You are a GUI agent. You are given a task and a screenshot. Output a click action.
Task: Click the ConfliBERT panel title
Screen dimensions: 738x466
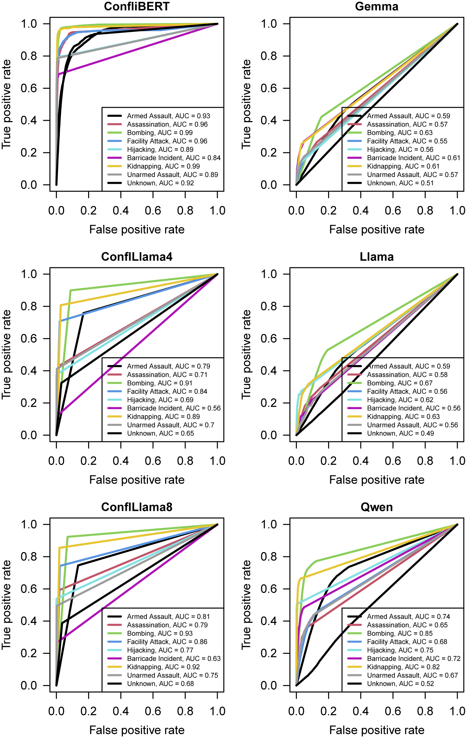point(136,6)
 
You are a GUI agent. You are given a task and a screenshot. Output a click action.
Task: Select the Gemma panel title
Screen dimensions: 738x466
point(376,6)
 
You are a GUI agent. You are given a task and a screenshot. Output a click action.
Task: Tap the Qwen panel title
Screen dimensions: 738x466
point(376,507)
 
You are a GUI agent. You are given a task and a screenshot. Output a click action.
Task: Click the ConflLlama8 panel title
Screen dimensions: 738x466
point(136,507)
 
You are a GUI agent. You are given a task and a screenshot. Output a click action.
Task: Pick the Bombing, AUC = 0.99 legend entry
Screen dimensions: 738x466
point(160,133)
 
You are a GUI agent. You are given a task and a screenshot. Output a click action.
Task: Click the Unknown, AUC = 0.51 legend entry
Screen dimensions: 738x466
point(400,183)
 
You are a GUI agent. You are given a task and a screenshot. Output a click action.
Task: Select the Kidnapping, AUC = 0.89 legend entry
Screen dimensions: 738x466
point(163,417)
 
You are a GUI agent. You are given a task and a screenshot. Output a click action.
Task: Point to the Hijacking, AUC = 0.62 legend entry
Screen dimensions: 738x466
point(400,400)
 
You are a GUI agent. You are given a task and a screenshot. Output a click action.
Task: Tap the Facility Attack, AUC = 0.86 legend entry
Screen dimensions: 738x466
point(167,642)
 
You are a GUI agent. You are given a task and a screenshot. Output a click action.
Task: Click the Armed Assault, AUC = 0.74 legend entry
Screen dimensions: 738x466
point(408,617)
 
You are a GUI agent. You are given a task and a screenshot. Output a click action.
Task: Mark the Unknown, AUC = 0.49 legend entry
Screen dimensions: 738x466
point(400,433)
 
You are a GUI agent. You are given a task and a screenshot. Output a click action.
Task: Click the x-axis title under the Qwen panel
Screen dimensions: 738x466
point(376,730)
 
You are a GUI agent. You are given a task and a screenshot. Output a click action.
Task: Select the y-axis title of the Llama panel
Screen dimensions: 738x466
point(246,355)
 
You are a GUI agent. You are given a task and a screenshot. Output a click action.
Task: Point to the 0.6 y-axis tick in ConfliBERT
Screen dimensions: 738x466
point(29,88)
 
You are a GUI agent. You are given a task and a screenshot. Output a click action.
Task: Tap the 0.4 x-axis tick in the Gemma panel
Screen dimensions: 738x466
point(361,210)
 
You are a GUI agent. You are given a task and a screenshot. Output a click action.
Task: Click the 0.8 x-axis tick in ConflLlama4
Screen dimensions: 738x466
point(185,461)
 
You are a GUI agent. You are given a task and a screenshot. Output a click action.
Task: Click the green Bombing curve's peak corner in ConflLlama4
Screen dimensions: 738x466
point(71,290)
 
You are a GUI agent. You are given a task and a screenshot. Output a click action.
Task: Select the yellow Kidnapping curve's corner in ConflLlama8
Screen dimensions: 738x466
point(59,548)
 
